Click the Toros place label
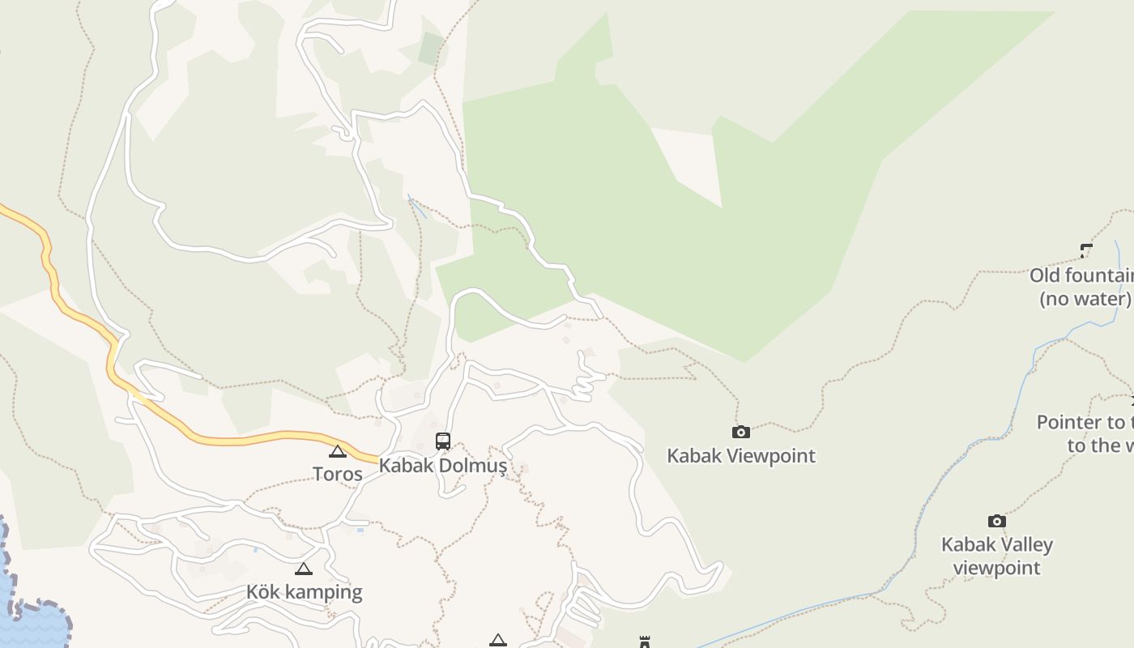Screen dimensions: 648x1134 pyautogui.click(x=338, y=474)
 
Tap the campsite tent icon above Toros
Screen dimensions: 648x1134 pyautogui.click(x=338, y=451)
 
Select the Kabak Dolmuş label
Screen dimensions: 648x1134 pyautogui.click(x=443, y=466)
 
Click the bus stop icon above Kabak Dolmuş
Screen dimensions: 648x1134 pyautogui.click(x=443, y=441)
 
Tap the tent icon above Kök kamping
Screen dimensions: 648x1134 pyautogui.click(x=304, y=569)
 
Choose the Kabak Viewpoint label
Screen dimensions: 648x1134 pyautogui.click(x=740, y=455)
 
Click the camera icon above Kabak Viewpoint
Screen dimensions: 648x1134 pyautogui.click(x=740, y=433)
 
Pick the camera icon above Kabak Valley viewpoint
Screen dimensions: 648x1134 pyautogui.click(x=997, y=521)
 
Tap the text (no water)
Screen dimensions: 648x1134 pyautogui.click(x=1085, y=298)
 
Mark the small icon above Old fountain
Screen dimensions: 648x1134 pyautogui.click(x=1086, y=251)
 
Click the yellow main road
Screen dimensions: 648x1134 pyautogui.click(x=243, y=439)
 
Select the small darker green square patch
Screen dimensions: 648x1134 pyautogui.click(x=431, y=49)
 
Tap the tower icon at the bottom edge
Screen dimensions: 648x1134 pyautogui.click(x=645, y=642)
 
